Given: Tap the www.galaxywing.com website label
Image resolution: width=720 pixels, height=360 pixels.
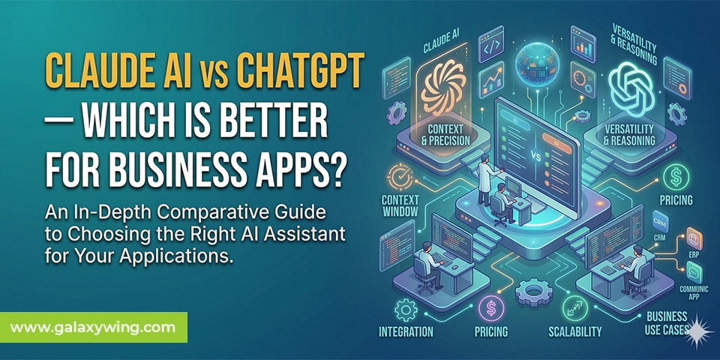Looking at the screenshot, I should click(93, 327).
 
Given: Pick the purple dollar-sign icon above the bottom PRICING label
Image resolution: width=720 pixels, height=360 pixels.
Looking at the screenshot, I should click(490, 306).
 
